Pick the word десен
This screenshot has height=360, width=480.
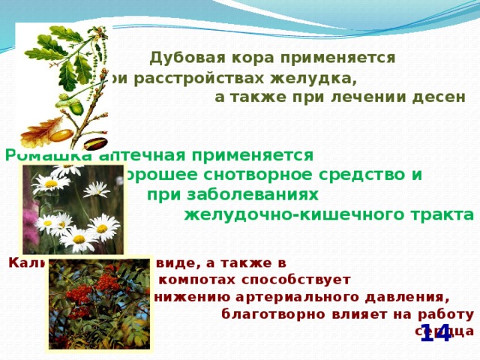click(445, 97)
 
